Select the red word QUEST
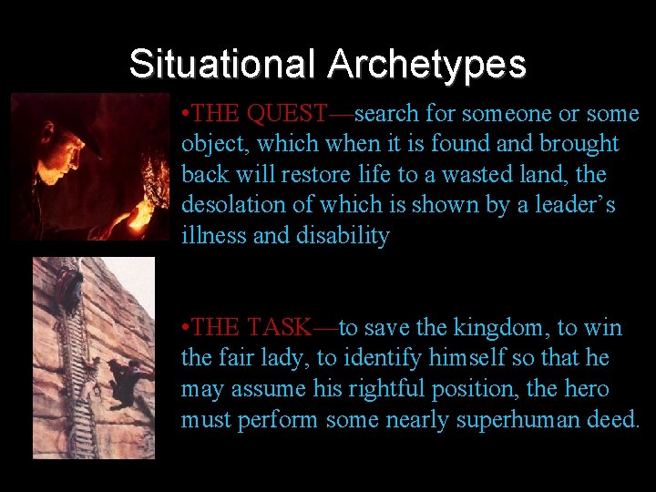click(x=287, y=114)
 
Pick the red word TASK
click(x=280, y=328)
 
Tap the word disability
click(x=343, y=237)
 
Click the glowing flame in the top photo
click(x=142, y=215)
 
